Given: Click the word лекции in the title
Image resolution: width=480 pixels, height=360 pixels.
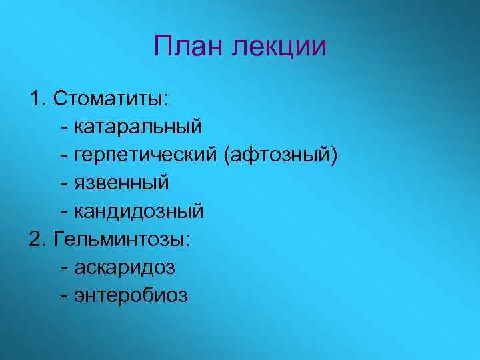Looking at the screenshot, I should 280,47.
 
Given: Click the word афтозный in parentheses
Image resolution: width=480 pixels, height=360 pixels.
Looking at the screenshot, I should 281,155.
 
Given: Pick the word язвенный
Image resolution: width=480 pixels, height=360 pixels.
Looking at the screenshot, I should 121,183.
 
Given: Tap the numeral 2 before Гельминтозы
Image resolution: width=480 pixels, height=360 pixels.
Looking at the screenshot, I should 35,239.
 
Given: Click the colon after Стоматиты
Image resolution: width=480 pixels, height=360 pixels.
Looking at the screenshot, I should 166,100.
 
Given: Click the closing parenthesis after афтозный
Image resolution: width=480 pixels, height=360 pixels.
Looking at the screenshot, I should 334,155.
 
